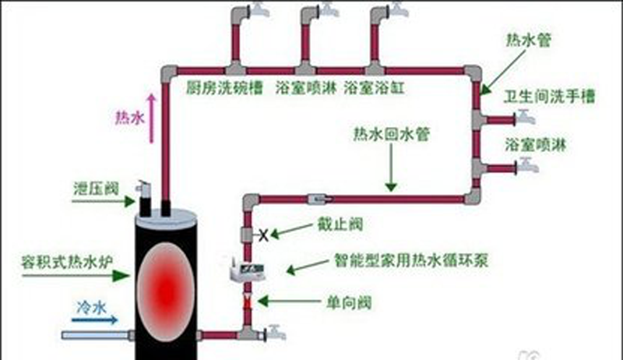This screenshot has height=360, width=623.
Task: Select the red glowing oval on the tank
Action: point(166,288)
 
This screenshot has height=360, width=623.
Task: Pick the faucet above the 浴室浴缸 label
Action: point(398,11)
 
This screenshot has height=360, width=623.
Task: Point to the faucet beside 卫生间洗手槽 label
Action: point(527,119)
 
